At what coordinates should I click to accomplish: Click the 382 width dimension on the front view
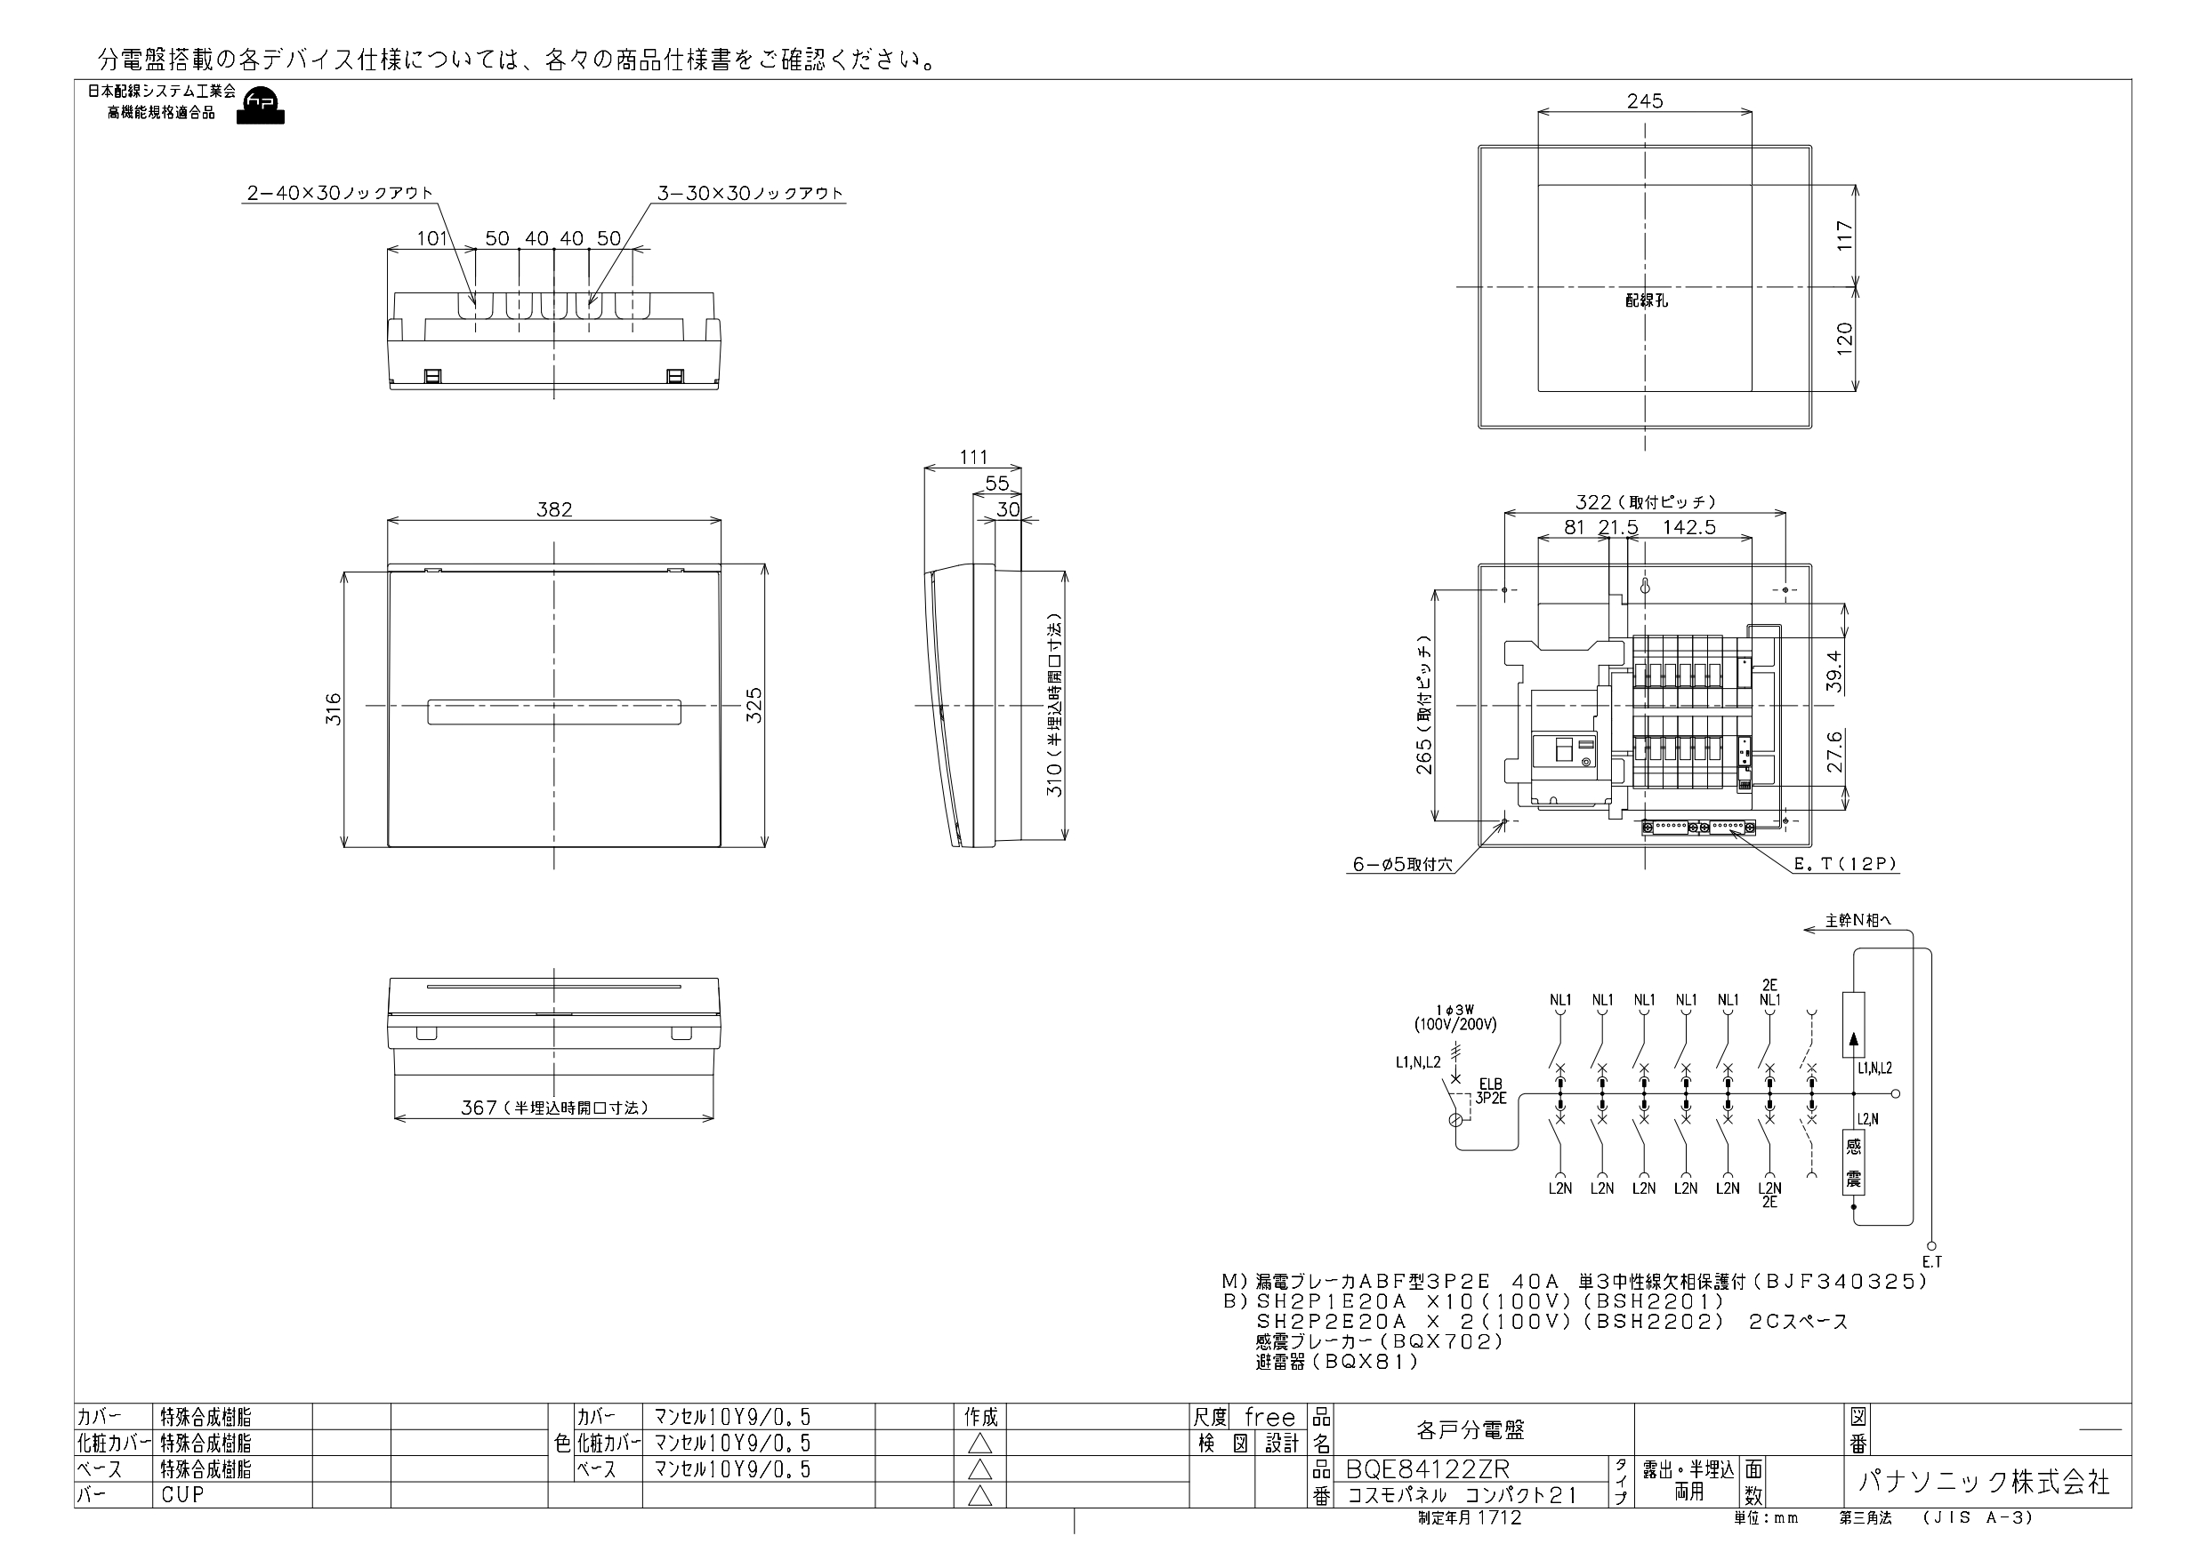[x=554, y=508]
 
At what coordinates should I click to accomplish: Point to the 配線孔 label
[x=1647, y=300]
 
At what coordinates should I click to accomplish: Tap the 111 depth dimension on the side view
[x=973, y=458]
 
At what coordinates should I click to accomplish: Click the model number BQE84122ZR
[x=1428, y=1469]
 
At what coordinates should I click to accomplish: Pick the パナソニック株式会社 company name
[x=1983, y=1481]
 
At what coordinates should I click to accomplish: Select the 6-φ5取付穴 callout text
[x=1402, y=864]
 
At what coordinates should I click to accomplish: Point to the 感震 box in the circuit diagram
[x=1853, y=1163]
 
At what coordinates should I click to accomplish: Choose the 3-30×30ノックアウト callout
[x=750, y=192]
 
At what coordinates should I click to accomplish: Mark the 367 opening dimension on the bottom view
[x=554, y=1108]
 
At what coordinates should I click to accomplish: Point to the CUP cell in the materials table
[x=182, y=1494]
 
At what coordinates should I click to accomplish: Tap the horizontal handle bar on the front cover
[x=554, y=711]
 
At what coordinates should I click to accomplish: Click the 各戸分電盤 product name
[x=1471, y=1429]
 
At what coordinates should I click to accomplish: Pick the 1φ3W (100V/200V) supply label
[x=1455, y=1017]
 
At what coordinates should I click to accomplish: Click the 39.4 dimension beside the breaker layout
[x=1833, y=672]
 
